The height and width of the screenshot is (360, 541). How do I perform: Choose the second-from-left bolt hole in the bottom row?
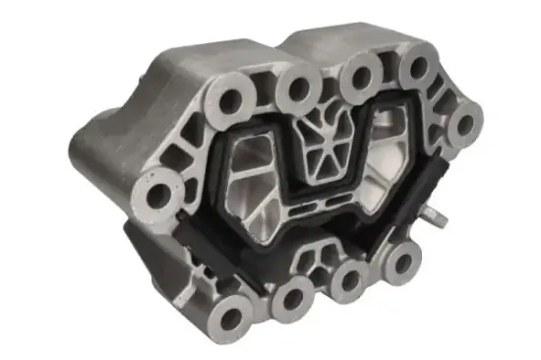pyautogui.click(x=291, y=294)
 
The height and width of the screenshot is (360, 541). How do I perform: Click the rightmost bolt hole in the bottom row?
pyautogui.click(x=398, y=261)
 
